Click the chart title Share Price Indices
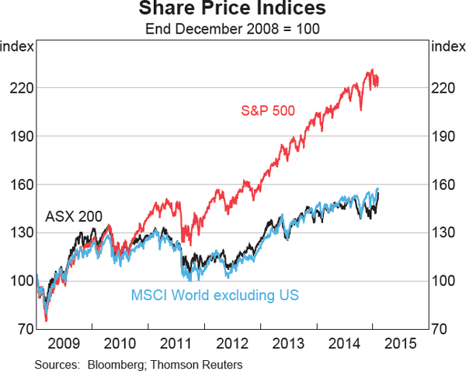click(233, 11)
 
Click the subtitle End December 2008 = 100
click(233, 30)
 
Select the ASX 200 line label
click(74, 216)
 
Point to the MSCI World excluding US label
click(214, 296)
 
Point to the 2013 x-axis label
click(288, 343)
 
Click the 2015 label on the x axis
click(400, 343)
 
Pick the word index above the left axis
click(17, 46)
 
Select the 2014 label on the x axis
click(344, 343)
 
